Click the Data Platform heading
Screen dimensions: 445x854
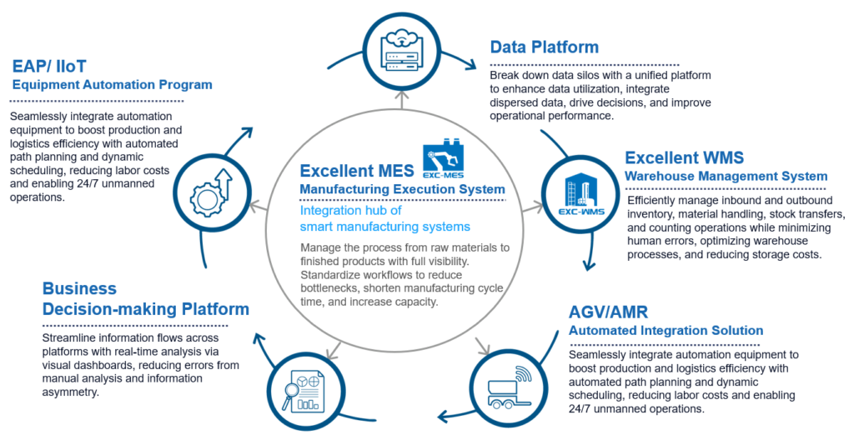[x=545, y=47]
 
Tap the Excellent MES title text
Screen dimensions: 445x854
[x=357, y=172]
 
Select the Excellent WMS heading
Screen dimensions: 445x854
[x=683, y=157]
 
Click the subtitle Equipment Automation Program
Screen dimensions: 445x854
[x=112, y=84]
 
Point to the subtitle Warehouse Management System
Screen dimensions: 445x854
[x=726, y=176]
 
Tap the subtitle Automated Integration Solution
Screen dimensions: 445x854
[x=666, y=331]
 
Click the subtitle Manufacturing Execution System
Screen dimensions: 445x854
[x=402, y=190]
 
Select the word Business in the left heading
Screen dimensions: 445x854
[x=79, y=289]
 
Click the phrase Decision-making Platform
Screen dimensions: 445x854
[x=145, y=309]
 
